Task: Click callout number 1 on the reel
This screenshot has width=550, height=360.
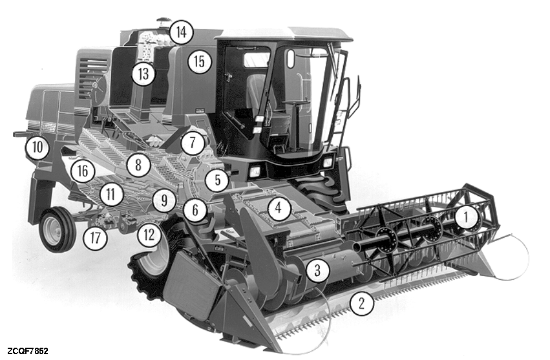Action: [x=466, y=218]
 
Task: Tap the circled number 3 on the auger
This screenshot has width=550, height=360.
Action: [x=318, y=270]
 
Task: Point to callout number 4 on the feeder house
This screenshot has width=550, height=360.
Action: [x=279, y=209]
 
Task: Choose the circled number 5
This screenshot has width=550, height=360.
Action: [x=217, y=180]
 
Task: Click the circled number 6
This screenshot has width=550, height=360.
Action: [x=195, y=210]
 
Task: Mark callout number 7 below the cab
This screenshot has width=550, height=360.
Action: [x=193, y=143]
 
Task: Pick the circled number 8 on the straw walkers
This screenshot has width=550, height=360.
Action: [x=138, y=165]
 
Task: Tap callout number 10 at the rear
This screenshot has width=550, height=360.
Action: [x=37, y=147]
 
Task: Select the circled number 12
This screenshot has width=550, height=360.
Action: [x=149, y=235]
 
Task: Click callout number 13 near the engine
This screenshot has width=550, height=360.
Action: [x=143, y=74]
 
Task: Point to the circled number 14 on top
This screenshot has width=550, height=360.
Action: [x=182, y=32]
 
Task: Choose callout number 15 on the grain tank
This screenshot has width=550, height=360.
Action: [x=199, y=62]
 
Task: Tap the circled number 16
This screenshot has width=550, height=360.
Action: [x=83, y=171]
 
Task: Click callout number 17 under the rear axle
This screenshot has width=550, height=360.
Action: [x=95, y=238]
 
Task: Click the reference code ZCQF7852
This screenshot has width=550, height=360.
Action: [x=27, y=351]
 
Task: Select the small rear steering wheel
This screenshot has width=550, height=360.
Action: [x=57, y=230]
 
